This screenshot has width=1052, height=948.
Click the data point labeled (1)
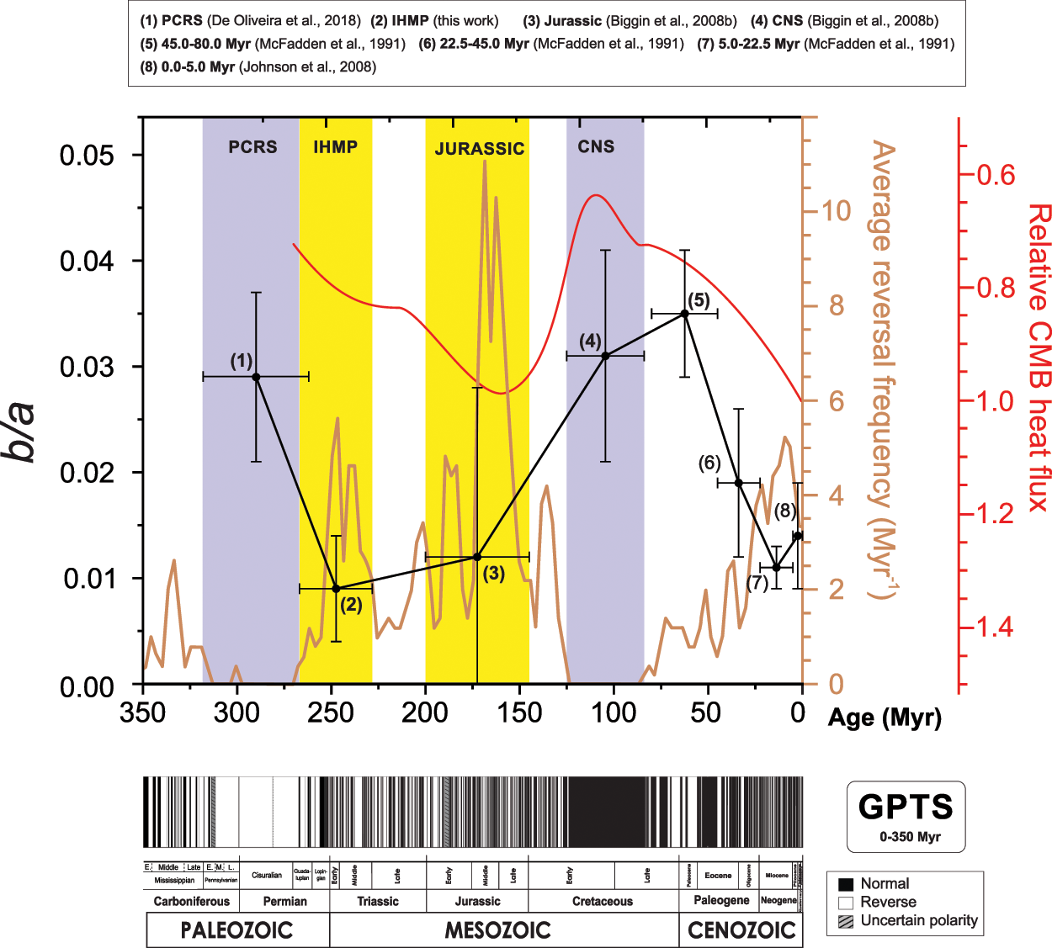tap(256, 377)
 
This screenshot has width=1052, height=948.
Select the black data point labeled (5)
tap(685, 314)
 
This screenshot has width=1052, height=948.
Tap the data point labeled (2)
tap(336, 588)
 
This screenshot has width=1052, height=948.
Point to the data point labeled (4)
tap(605, 356)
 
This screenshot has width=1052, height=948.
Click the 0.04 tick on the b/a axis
tap(87, 262)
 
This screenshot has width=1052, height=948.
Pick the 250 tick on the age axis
tap(331, 713)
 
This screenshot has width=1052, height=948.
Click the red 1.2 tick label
tap(995, 514)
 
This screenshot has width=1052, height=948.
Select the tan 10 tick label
tap(836, 210)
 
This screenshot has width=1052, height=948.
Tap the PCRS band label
tap(252, 147)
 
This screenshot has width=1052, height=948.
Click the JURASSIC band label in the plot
tap(479, 149)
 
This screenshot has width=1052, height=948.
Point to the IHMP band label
tap(335, 147)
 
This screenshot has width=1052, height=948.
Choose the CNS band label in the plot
tap(596, 147)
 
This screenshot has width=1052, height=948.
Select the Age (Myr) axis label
tap(885, 718)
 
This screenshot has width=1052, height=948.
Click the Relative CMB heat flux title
tap(1039, 357)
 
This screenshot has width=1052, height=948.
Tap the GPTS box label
tap(906, 808)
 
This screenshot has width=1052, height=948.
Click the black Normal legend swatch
tap(846, 884)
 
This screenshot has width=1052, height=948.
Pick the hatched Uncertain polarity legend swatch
tap(846, 920)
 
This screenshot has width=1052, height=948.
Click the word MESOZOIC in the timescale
tap(498, 930)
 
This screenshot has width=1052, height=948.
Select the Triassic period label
tap(378, 901)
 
